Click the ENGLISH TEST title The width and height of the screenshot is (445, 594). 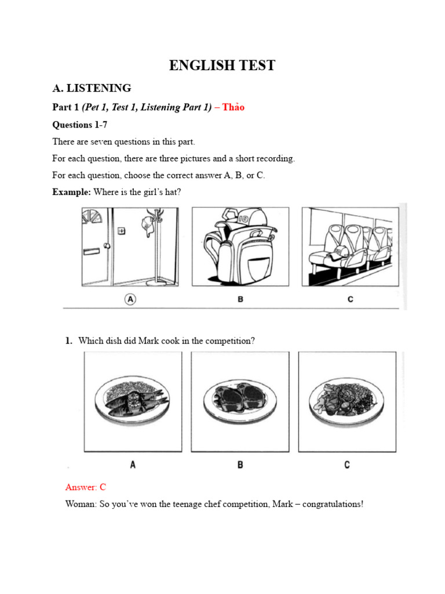coord(222,66)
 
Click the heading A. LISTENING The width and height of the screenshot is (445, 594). coord(92,88)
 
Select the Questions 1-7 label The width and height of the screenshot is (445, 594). coord(80,125)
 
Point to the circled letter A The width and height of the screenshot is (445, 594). coord(130,299)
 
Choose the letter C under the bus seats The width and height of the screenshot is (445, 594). coord(349,299)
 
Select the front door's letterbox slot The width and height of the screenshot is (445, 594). coord(94,251)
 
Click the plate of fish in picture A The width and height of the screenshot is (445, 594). coord(132,399)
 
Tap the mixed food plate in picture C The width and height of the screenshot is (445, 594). coord(346,399)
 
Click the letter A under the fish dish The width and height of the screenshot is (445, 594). coord(133,465)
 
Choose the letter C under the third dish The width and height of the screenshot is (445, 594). coord(347,465)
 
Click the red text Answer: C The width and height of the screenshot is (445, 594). coord(86,487)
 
